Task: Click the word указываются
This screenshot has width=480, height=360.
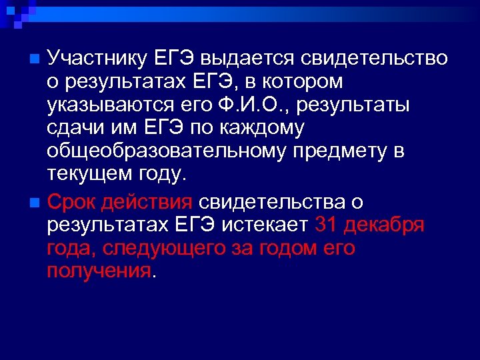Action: point(106,106)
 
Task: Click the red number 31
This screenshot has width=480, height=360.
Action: point(327,225)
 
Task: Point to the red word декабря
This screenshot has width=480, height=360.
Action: point(385,225)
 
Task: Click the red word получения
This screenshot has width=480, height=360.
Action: point(99,271)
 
